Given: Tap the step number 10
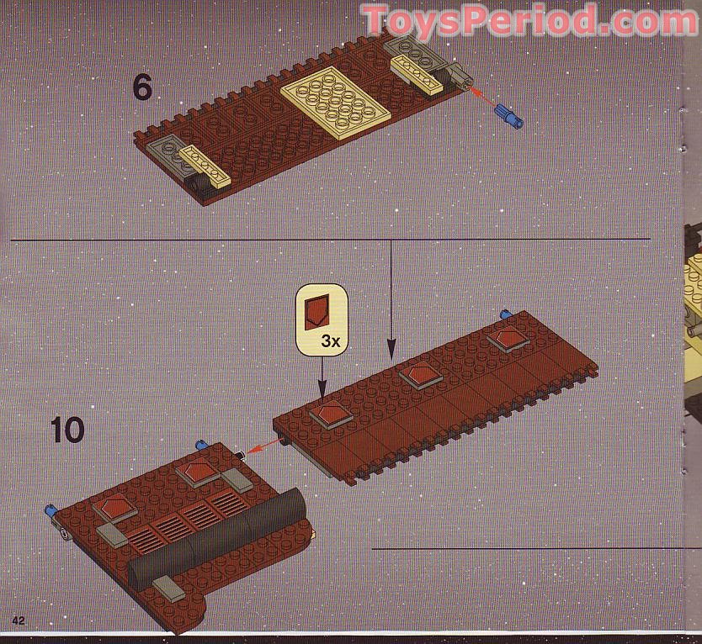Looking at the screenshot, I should tap(67, 430).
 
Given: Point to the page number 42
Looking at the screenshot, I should tap(18, 620).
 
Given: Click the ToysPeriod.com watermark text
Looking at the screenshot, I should tap(530, 19).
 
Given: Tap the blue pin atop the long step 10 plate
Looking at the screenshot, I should tap(506, 314).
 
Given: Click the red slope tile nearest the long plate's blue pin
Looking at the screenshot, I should tap(508, 339).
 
